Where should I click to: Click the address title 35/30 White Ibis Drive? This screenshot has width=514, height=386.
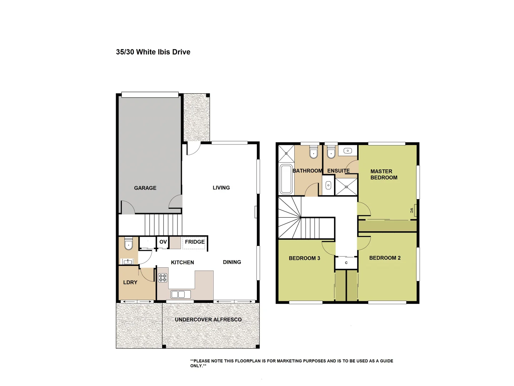(153, 52)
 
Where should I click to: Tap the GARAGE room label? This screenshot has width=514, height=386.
(145, 188)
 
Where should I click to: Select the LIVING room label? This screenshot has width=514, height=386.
(221, 188)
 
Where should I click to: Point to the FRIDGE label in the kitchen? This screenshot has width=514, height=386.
(195, 242)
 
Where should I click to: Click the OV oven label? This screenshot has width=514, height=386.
(163, 242)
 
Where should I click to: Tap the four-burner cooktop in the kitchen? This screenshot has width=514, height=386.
(163, 278)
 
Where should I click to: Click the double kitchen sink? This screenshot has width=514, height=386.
(181, 294)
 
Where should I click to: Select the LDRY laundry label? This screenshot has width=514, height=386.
(130, 282)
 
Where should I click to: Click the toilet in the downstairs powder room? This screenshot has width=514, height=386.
(128, 244)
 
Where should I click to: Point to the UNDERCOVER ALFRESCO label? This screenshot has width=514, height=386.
(208, 320)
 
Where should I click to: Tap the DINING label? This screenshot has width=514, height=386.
(232, 262)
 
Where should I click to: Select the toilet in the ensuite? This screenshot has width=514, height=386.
(331, 152)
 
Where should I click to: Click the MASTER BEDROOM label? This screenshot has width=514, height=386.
(384, 174)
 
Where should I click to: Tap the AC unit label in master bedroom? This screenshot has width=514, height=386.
(412, 211)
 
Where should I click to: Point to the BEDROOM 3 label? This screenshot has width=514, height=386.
(304, 258)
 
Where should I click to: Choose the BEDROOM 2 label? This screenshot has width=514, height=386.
(385, 258)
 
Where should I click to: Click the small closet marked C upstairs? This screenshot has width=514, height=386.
(346, 263)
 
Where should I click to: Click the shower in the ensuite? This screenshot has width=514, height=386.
(346, 187)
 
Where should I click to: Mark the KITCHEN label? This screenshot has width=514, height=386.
(182, 262)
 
